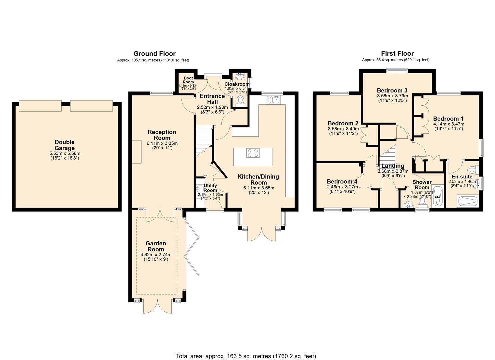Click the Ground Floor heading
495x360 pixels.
[x=154, y=54]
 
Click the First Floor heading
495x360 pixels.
[x=397, y=54]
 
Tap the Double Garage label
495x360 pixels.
[x=65, y=145]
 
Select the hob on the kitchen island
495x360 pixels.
[x=253, y=153]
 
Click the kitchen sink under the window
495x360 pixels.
[x=274, y=99]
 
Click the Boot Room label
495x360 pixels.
[x=188, y=80]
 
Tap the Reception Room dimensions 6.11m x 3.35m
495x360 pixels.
[x=162, y=143]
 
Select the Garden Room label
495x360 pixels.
[x=156, y=246]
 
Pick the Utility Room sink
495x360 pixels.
[x=200, y=189]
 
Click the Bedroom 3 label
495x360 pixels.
[x=392, y=91]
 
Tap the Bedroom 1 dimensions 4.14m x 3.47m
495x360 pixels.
[x=448, y=124]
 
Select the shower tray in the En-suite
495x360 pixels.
[x=468, y=201]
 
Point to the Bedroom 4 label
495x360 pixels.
[x=342, y=182]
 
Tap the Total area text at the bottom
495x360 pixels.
[x=246, y=356]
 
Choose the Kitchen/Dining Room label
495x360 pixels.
[x=258, y=179]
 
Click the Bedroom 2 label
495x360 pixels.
[x=343, y=124]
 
